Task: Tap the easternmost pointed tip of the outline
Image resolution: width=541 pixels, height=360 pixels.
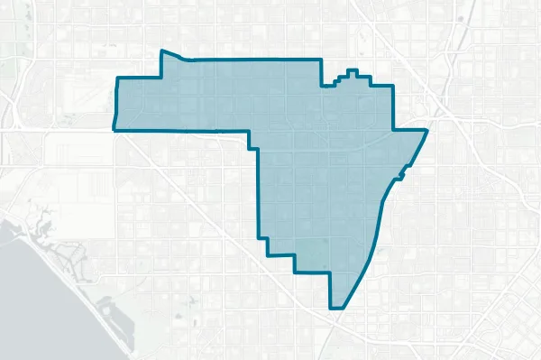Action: [426, 131]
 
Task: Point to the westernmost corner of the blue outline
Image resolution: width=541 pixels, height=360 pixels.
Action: [115, 130]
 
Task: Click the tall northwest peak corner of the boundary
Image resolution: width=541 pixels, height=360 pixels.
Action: [161, 51]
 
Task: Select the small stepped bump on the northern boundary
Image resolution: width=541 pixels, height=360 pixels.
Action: [353, 73]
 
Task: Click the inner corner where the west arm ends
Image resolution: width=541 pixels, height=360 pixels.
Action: [250, 135]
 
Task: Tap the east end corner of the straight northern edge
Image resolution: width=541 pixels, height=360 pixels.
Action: [321, 60]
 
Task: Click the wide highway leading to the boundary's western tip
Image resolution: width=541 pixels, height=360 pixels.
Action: [54, 130]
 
